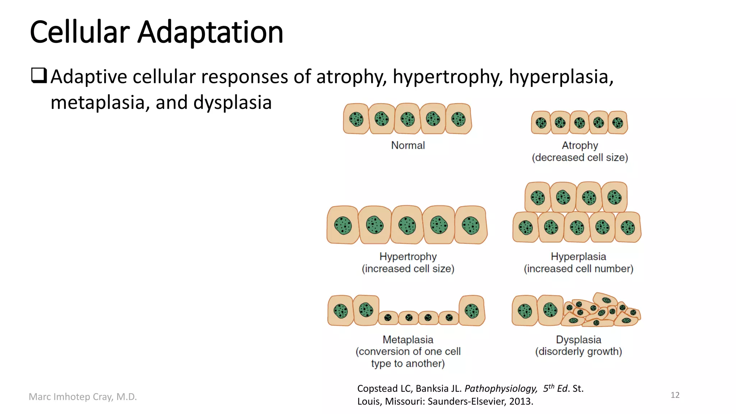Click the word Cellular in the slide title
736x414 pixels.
(x=79, y=32)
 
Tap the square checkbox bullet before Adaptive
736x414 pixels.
(x=39, y=75)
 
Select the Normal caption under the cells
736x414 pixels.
(x=408, y=146)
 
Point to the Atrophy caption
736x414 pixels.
(x=580, y=146)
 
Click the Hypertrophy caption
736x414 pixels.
(x=408, y=257)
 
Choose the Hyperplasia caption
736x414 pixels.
(x=578, y=257)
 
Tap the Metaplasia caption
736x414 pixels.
(x=408, y=340)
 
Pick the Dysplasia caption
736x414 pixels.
(x=578, y=340)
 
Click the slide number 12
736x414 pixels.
(x=675, y=395)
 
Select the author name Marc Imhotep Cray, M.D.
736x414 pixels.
(x=83, y=397)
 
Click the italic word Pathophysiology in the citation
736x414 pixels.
(x=501, y=388)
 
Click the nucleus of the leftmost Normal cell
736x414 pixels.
(x=356, y=119)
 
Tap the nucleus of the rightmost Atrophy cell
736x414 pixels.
(x=617, y=123)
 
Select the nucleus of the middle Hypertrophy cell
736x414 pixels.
(x=407, y=225)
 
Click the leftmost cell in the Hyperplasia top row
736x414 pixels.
(x=538, y=197)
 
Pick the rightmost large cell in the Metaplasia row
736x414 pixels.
(x=472, y=311)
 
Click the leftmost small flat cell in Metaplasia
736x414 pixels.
(x=388, y=318)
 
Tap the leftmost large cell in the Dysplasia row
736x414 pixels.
(x=525, y=310)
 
